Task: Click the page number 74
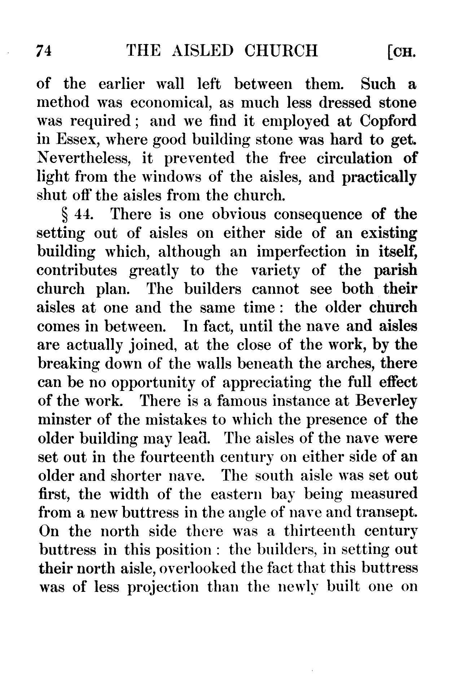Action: pyautogui.click(x=45, y=51)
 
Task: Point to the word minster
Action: pyautogui.click(x=64, y=420)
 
